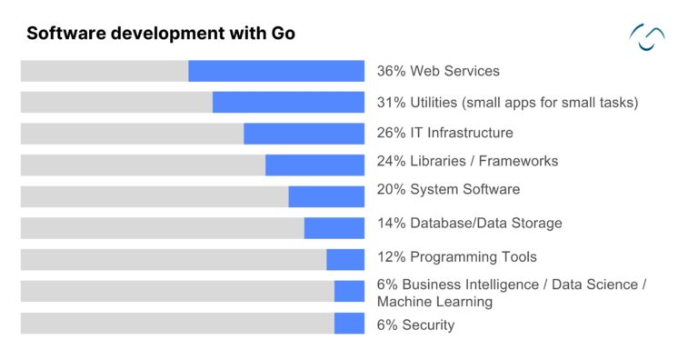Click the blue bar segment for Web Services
click(x=276, y=71)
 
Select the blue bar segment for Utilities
click(x=288, y=102)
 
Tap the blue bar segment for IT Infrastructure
click(x=304, y=134)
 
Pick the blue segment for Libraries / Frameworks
click(x=314, y=165)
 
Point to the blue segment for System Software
click(x=326, y=196)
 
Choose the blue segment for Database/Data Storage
click(x=334, y=228)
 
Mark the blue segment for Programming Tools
click(x=345, y=260)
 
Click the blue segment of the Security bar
click(x=349, y=324)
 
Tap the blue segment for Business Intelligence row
click(x=349, y=291)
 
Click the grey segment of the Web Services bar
click(x=104, y=71)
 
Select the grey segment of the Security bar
click(x=177, y=324)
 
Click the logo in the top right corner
click(x=647, y=36)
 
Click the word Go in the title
click(x=283, y=34)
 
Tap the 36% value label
click(x=391, y=71)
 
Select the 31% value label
click(x=391, y=102)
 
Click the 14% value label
click(x=391, y=223)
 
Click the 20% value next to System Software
click(x=391, y=189)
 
